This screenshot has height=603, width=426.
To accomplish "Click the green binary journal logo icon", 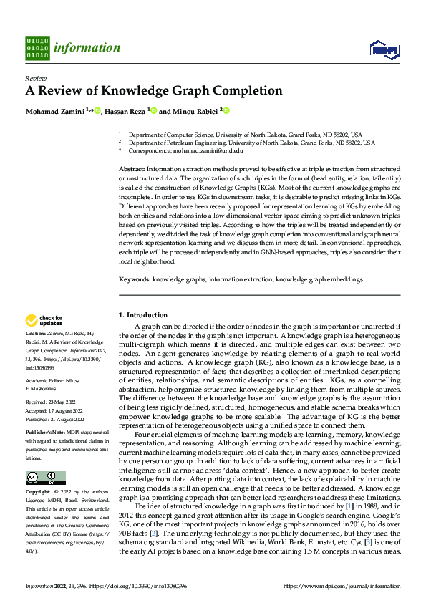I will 37,47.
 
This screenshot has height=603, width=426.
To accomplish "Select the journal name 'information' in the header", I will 88,48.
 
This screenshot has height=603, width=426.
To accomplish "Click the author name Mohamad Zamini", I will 55,111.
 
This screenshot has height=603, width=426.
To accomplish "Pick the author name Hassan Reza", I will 126,111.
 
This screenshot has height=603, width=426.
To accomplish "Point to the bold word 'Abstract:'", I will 131,168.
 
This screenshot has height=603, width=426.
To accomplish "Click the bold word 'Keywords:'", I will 134,279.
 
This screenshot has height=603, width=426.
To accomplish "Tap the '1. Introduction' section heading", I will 143,315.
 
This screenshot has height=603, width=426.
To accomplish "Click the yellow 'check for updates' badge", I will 44,321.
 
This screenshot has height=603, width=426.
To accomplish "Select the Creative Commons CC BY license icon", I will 45,478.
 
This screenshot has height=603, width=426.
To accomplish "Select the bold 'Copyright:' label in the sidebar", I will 39,492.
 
